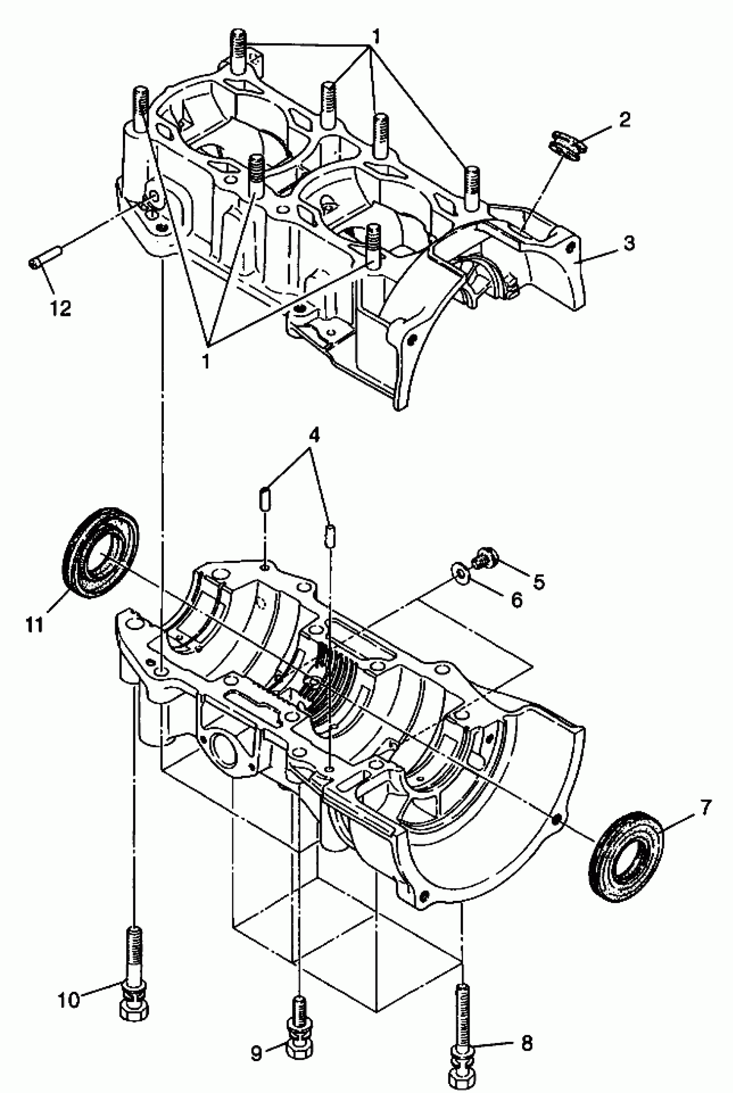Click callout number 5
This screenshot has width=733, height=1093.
[539, 582]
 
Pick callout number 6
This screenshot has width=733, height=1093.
[517, 600]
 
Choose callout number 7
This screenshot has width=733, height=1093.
[705, 807]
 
